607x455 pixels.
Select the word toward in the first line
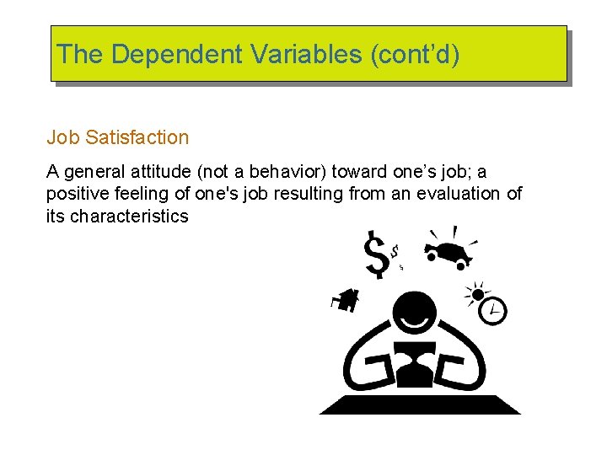(x=359, y=173)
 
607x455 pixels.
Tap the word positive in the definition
(x=76, y=194)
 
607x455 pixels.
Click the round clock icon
(x=492, y=311)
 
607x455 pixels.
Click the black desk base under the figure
(x=420, y=404)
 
